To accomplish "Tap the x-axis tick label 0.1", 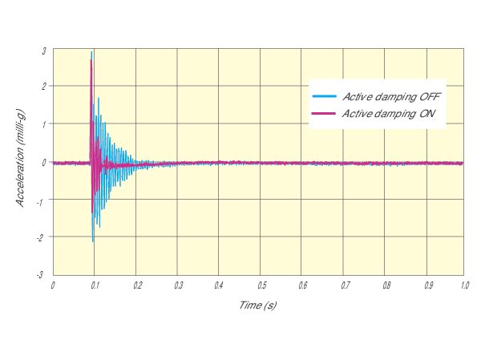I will pyautogui.click(x=94, y=285).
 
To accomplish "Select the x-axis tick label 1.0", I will pyautogui.click(x=464, y=285).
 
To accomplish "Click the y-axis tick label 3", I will pyautogui.click(x=44, y=50).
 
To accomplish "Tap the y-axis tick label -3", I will pyautogui.click(x=42, y=275).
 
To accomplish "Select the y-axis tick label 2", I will pyautogui.click(x=44, y=87).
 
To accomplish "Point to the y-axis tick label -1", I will pyautogui.click(x=42, y=200).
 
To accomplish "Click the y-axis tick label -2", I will pyautogui.click(x=42, y=237).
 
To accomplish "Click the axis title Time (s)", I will pyautogui.click(x=257, y=305).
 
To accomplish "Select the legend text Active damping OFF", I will pyautogui.click(x=392, y=97).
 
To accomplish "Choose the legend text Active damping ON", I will pyautogui.click(x=389, y=114).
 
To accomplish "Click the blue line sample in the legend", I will pyautogui.click(x=323, y=97).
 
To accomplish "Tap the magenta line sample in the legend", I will pyautogui.click(x=323, y=114).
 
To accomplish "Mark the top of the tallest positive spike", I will pyautogui.click(x=93, y=52).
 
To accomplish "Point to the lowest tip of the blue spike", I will pyautogui.click(x=93, y=241).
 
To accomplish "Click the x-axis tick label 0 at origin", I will pyautogui.click(x=53, y=285).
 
